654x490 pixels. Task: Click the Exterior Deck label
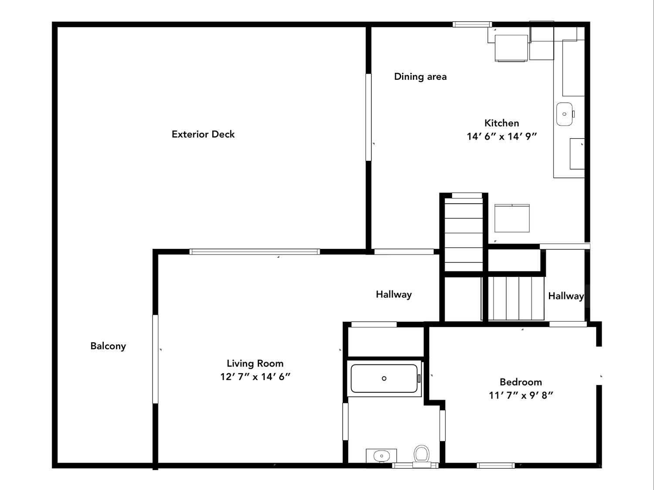203,134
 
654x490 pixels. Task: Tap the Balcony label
108,346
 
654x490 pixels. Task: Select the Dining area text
420,77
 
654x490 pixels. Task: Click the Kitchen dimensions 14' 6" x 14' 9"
502,136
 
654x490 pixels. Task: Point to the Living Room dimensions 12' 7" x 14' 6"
255,377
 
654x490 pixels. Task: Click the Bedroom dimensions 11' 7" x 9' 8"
521,395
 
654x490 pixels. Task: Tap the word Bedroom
521,382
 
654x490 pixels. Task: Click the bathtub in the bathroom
385,378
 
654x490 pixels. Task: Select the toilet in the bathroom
421,456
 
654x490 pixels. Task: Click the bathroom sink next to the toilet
381,456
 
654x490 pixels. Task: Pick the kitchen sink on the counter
565,114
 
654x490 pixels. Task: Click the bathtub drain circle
384,378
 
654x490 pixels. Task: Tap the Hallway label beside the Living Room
394,295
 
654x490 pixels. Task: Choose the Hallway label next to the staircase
566,296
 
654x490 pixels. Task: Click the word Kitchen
502,123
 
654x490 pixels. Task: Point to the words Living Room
255,364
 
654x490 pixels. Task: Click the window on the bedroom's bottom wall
496,465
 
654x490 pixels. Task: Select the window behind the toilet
415,465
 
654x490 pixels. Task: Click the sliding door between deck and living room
255,252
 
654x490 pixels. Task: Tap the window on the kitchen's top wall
472,24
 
